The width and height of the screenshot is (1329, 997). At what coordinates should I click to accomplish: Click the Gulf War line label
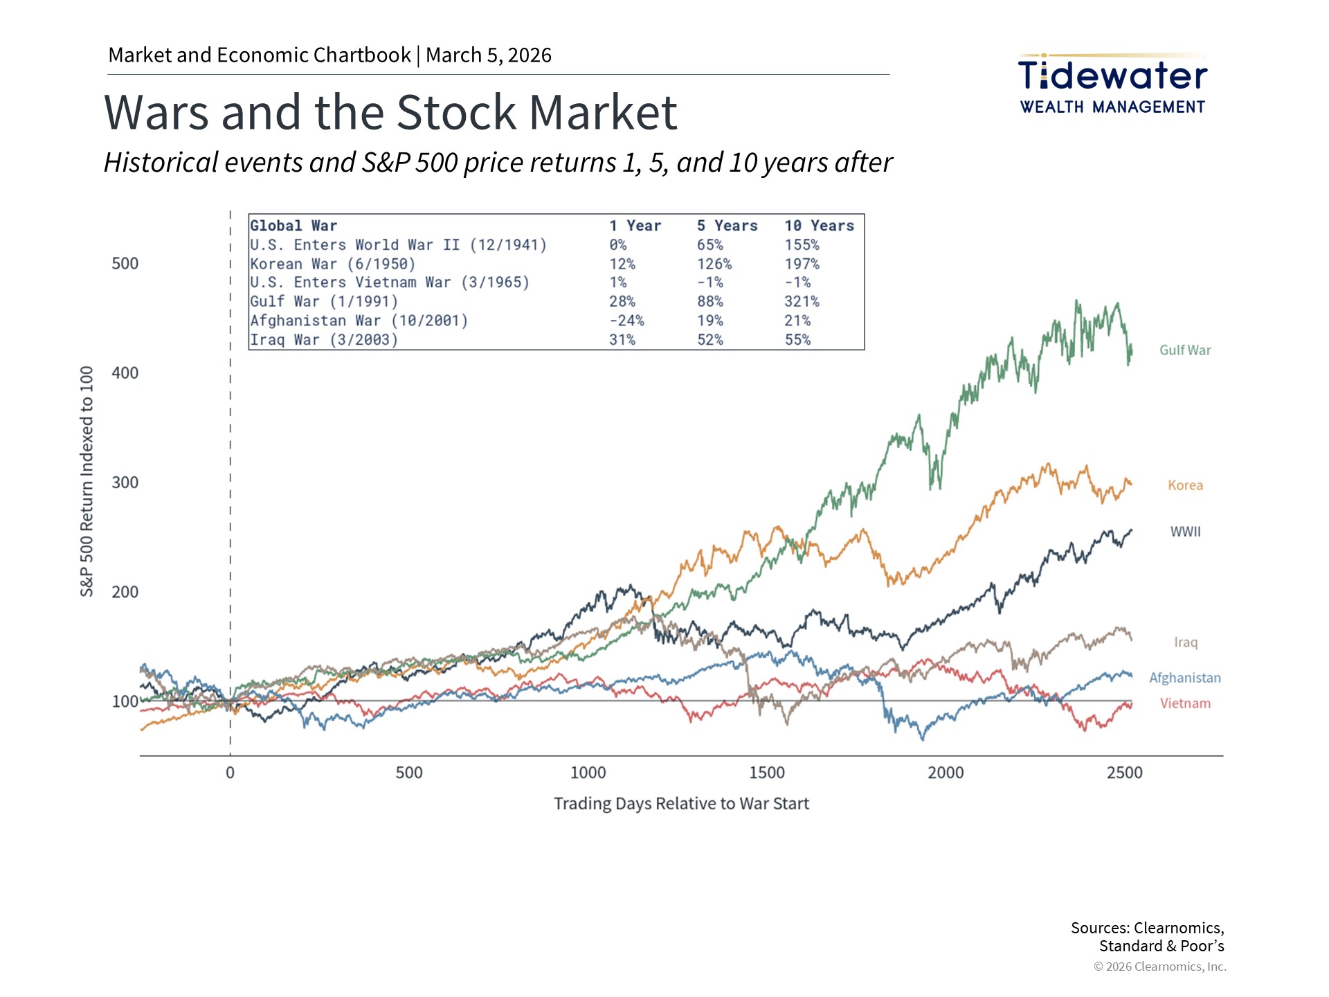pos(1185,350)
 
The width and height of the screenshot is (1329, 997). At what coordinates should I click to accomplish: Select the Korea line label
pos(1185,485)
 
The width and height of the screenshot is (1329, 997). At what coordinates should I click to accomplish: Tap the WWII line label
pos(1185,532)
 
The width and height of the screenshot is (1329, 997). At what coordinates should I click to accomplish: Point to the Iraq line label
pos(1185,643)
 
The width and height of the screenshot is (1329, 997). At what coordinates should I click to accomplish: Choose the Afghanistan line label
pos(1184,678)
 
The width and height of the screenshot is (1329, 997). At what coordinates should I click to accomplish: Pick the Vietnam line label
pos(1185,703)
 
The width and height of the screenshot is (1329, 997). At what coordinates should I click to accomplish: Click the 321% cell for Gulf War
pos(802,302)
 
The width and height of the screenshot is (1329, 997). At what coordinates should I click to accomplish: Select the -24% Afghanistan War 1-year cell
pos(626,321)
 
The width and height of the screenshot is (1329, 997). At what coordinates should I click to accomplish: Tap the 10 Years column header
pos(819,226)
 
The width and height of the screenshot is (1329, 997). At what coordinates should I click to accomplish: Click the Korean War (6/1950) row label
pos(333,264)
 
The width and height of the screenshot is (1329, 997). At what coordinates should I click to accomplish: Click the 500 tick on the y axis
pos(125,264)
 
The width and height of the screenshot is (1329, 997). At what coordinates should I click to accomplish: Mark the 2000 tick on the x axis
pos(946,773)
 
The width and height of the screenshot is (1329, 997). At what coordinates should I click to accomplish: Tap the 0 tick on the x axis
pos(230,773)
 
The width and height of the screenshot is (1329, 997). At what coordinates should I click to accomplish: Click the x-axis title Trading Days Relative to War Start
pos(681,804)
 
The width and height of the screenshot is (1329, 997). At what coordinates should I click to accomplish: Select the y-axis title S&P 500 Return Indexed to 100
pos(87,481)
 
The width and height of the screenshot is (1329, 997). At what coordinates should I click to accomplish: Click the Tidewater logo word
pos(1112,75)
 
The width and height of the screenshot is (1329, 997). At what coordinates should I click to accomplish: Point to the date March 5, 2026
pos(489,55)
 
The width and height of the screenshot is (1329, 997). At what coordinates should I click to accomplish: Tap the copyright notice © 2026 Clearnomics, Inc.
pos(1159,967)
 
